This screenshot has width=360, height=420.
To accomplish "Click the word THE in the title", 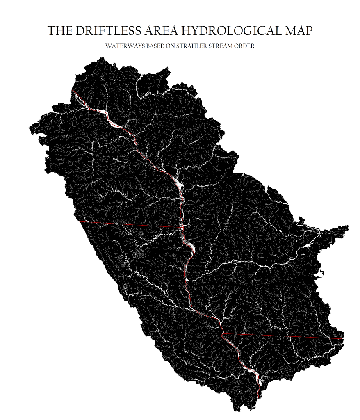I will [x=58, y=31].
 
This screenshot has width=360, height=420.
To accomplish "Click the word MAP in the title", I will [x=299, y=31].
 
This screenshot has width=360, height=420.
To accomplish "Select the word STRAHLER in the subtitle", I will [x=190, y=46].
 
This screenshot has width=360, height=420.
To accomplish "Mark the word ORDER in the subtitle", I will [x=244, y=46].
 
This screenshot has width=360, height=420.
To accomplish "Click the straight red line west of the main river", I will [x=131, y=224].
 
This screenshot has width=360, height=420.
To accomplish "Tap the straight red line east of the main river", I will [x=283, y=336].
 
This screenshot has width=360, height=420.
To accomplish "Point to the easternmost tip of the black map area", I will [x=349, y=226].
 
